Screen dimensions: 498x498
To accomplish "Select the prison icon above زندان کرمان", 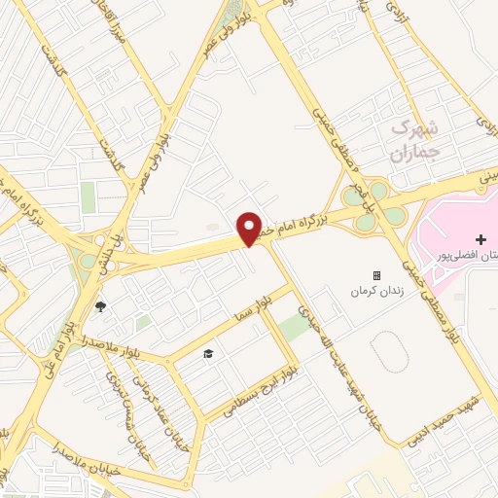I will pyautogui.click(x=376, y=275).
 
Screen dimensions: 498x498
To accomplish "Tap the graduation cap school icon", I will pyautogui.click(x=207, y=353).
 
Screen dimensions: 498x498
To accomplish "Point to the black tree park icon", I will pyautogui.click(x=99, y=308).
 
